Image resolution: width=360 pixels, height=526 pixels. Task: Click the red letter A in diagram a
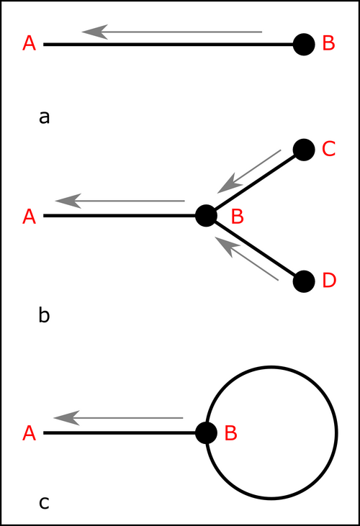click(30, 44)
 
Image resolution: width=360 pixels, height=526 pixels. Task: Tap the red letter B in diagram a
click(328, 43)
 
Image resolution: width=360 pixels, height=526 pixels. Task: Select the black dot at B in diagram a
click(304, 45)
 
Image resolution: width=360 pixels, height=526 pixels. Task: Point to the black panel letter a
click(45, 118)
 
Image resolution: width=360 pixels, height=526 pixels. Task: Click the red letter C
click(328, 149)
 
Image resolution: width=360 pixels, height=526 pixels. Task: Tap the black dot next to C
click(304, 150)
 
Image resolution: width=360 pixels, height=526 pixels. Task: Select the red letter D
click(329, 280)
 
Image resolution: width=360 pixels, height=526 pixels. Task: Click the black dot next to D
click(304, 281)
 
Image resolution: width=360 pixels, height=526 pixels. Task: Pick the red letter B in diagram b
click(237, 217)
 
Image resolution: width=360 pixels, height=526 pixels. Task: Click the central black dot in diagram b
click(206, 216)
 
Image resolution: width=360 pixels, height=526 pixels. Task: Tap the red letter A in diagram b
click(30, 217)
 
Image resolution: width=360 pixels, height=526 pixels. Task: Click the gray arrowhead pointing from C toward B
click(230, 183)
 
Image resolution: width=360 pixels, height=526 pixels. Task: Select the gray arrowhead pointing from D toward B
click(227, 247)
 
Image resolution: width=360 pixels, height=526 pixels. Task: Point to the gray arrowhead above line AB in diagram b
click(68, 201)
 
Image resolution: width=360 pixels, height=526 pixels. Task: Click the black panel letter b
click(45, 315)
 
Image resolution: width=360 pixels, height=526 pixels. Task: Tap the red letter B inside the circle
click(231, 432)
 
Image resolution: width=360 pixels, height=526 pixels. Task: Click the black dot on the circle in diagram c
click(206, 433)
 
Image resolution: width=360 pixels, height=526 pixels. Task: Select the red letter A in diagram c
click(30, 433)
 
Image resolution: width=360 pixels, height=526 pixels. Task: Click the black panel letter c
click(44, 503)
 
